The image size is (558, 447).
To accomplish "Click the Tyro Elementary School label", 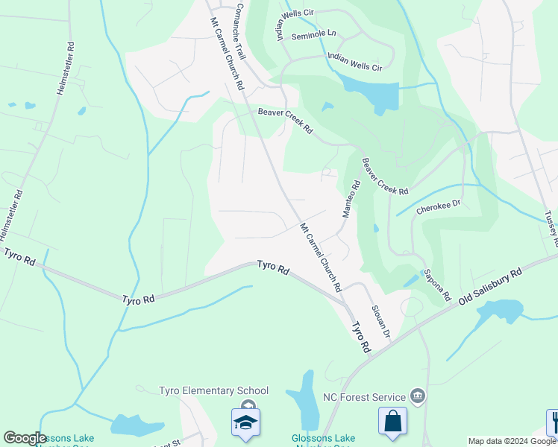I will pyautogui.click(x=213, y=390).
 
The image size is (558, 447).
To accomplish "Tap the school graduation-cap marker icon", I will pyautogui.click(x=245, y=422).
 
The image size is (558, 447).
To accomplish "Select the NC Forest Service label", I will pyautogui.click(x=364, y=397).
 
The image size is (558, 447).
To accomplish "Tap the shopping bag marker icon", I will pyautogui.click(x=392, y=421).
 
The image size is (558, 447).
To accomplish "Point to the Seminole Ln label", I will pyautogui.click(x=313, y=35).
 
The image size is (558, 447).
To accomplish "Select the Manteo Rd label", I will pyautogui.click(x=351, y=198).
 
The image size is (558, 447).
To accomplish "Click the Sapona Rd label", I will pyautogui.click(x=437, y=285).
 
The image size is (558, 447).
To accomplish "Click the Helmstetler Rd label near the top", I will pyautogui.click(x=66, y=66).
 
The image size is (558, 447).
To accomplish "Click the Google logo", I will pyautogui.click(x=25, y=438).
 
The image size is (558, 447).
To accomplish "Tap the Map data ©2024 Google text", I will pyautogui.click(x=512, y=441).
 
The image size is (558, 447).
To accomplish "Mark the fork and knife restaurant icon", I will pyautogui.click(x=553, y=421).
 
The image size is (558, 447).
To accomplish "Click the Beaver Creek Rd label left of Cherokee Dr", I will pyautogui.click(x=385, y=177).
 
